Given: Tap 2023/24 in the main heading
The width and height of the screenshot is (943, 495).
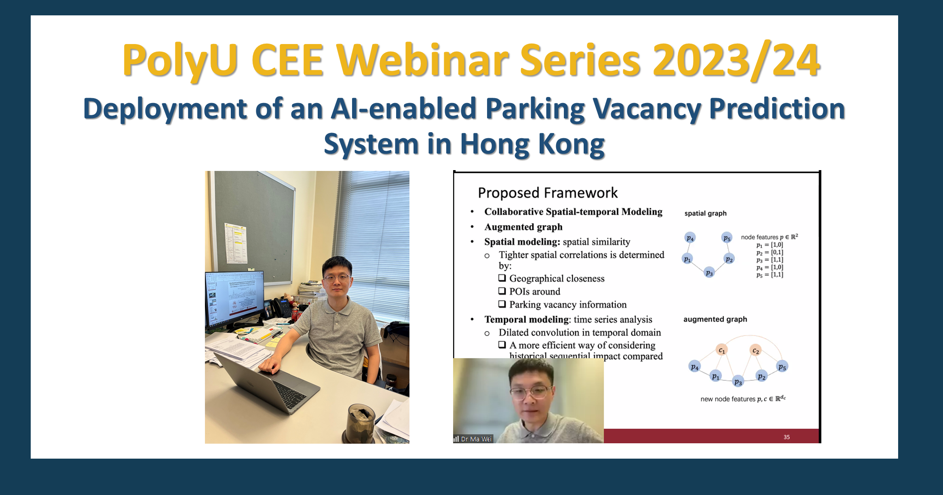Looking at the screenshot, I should (x=736, y=61).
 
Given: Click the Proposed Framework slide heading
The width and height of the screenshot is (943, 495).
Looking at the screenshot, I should (x=547, y=193).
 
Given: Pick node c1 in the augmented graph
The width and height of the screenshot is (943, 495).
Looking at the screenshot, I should (x=721, y=350).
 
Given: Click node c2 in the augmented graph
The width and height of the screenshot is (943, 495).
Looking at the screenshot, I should (x=755, y=350).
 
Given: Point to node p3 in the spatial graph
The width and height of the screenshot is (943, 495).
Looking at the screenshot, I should (x=709, y=273).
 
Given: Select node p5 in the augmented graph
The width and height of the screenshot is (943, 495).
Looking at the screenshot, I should (x=782, y=367).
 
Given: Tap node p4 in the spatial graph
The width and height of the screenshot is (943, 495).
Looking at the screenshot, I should (x=690, y=238).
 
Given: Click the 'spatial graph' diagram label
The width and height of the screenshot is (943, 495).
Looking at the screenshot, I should (x=705, y=213).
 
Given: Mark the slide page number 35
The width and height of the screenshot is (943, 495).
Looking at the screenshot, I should (x=787, y=437).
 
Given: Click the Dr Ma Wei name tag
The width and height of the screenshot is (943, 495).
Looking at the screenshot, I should (x=473, y=439).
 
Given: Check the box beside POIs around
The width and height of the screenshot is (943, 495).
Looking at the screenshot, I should (x=502, y=291).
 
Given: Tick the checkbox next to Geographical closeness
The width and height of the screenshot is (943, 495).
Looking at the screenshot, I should (x=502, y=278).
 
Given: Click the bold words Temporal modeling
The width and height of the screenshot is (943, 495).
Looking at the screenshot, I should (x=527, y=320).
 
